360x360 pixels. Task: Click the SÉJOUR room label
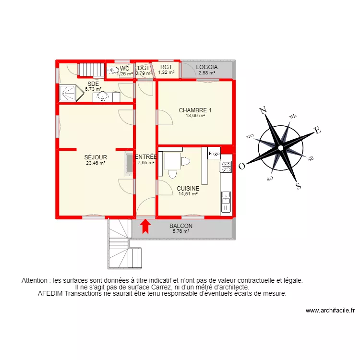96,157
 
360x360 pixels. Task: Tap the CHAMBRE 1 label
195,110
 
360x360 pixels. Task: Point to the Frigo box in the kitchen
214,154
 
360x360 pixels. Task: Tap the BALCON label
181,226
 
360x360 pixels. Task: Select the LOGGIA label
207,67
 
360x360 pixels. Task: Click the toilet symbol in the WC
113,71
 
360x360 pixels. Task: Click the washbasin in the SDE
102,97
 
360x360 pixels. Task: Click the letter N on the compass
263,111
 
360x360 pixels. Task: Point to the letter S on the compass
298,187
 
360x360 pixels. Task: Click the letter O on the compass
242,167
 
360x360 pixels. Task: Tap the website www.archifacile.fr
330,311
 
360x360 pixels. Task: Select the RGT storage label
166,67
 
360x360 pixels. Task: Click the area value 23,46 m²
96,163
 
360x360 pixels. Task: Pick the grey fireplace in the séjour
129,163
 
